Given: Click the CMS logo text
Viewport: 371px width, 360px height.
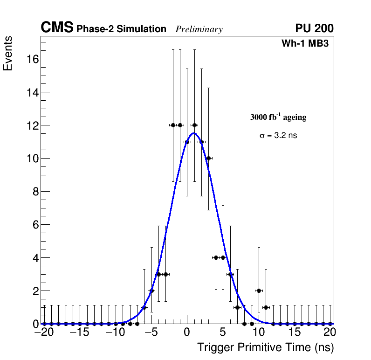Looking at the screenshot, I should click(x=57, y=28).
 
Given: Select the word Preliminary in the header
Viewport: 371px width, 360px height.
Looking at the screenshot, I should click(x=199, y=29).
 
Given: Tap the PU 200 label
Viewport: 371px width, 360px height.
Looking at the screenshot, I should click(x=314, y=28).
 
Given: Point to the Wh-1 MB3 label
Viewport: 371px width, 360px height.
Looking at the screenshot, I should click(x=307, y=44).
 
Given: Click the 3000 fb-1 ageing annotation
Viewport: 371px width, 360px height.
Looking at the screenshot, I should click(x=278, y=117).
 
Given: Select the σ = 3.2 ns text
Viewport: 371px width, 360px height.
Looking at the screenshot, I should click(x=278, y=136).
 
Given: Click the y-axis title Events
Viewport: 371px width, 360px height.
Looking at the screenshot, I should click(x=8, y=54).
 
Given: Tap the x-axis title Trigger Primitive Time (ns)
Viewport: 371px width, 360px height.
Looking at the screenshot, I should click(x=265, y=347).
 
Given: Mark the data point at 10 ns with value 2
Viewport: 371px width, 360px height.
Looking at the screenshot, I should click(x=259, y=291).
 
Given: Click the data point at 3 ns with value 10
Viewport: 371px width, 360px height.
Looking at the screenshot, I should click(x=208, y=158).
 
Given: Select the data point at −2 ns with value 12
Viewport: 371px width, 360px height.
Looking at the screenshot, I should click(x=173, y=125).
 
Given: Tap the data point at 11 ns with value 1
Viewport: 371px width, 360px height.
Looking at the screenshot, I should click(x=266, y=307).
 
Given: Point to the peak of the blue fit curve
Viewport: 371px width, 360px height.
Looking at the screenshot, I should click(x=193, y=133).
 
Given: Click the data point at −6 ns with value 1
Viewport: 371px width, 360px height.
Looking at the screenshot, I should click(x=144, y=307).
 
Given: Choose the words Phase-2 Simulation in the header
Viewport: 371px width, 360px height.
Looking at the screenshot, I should click(x=121, y=29).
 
